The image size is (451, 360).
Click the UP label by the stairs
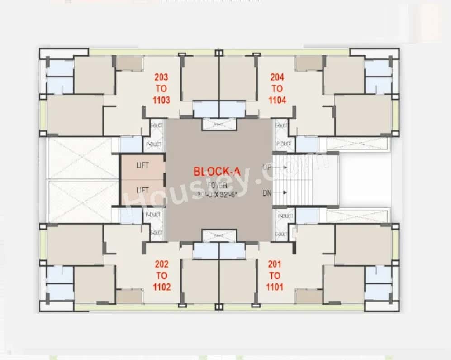point(267,167)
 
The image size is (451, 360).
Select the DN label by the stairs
point(267,192)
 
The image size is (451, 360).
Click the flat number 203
point(161,77)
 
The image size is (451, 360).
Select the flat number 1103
point(161,100)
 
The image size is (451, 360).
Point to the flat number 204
point(277,77)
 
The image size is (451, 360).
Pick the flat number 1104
point(277,100)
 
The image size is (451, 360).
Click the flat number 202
point(161,264)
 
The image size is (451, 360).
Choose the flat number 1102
point(161,286)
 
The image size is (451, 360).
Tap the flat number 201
point(274,264)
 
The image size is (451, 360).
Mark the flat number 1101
point(274,286)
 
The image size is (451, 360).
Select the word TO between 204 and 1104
point(277,88)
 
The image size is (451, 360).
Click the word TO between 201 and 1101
point(274,275)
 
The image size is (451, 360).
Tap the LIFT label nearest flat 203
point(142,166)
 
